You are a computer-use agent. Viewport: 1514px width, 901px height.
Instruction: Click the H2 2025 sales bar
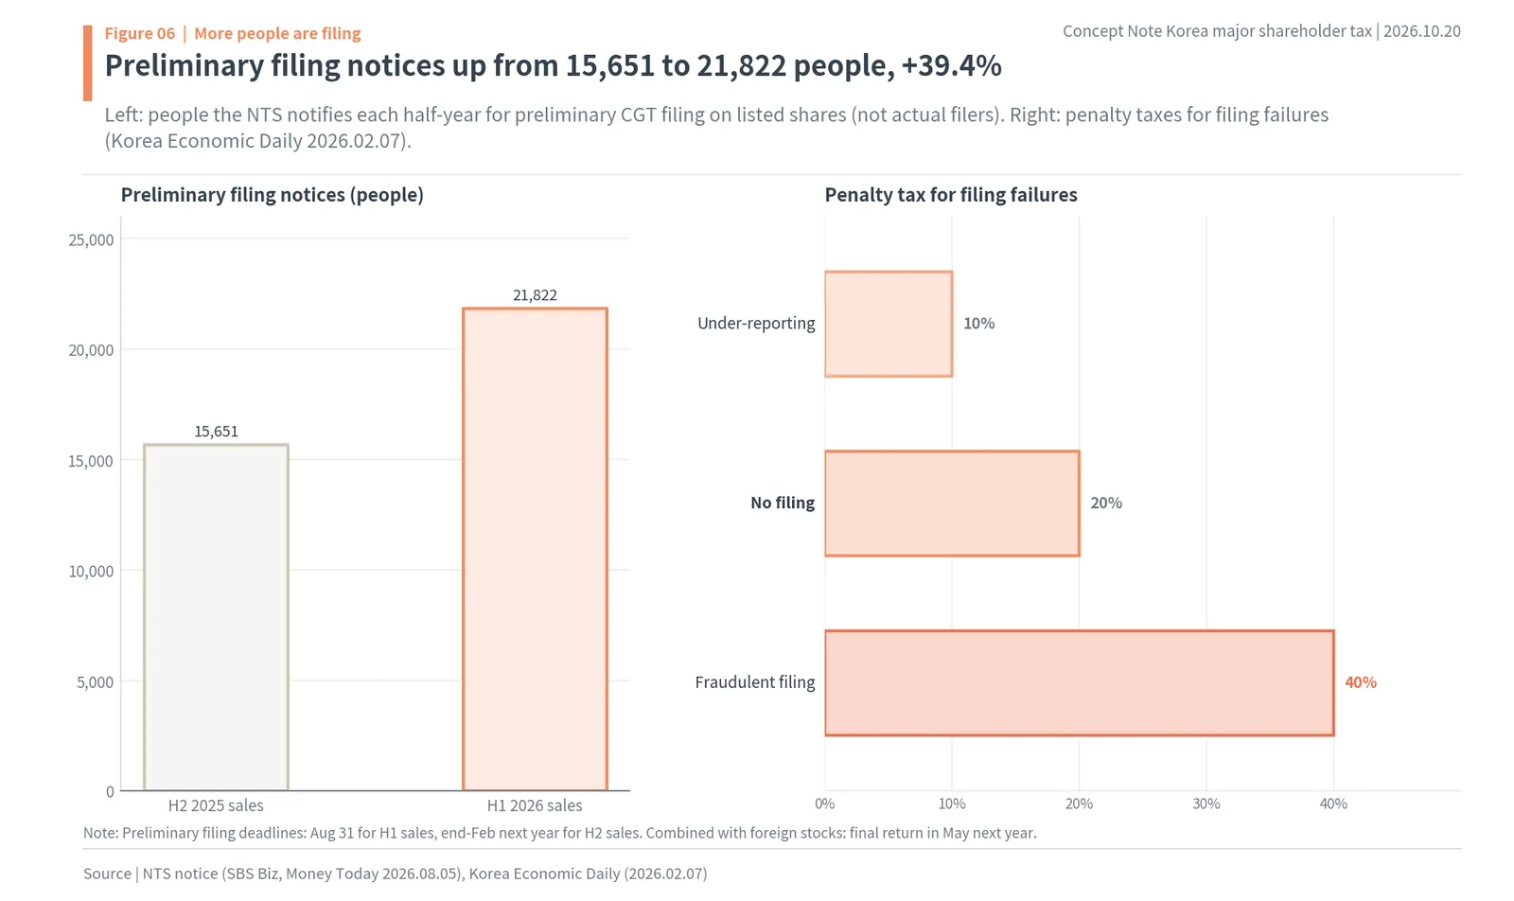(217, 616)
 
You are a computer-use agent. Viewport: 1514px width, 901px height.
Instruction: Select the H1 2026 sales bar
(535, 549)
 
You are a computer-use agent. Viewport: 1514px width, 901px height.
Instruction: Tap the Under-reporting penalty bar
(889, 324)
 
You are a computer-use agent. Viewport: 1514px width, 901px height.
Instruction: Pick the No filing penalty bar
(952, 503)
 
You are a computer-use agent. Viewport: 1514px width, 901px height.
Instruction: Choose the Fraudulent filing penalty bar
(1080, 682)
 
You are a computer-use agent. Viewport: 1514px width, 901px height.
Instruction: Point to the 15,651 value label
(217, 432)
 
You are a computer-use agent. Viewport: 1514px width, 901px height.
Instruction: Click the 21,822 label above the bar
(535, 295)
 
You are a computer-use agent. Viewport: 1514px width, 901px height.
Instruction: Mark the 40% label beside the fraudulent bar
(1361, 682)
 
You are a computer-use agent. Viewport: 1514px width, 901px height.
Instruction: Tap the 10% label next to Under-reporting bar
(978, 324)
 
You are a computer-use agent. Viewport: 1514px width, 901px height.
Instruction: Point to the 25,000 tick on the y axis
(91, 240)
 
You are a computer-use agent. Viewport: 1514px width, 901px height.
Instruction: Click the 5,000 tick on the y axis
(96, 682)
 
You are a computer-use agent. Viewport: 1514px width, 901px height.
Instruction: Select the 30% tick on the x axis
(1206, 804)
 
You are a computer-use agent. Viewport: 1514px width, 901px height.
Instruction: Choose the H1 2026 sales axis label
(535, 805)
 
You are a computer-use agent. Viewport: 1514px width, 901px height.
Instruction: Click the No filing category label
(783, 503)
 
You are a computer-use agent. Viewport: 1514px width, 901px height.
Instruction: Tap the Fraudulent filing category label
(755, 682)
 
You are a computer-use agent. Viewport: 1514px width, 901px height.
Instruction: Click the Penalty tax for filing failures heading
(951, 195)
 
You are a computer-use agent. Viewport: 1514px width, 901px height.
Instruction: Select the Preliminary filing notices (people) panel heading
(273, 195)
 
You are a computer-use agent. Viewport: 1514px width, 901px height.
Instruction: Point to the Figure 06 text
(140, 33)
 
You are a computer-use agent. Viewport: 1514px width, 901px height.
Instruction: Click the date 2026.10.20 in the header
(1422, 31)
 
